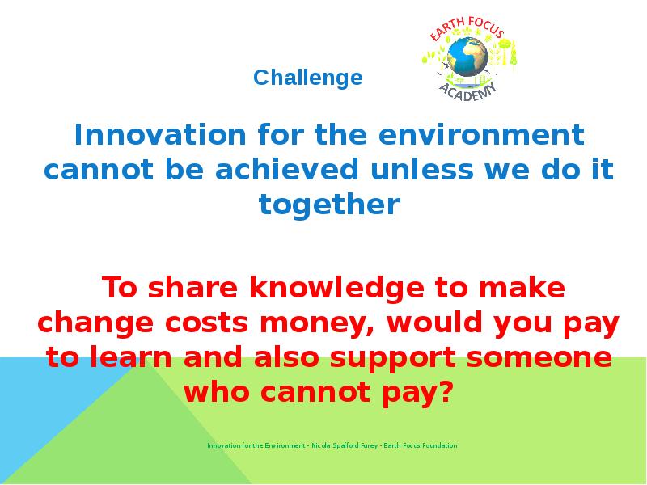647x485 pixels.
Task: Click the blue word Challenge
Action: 308,78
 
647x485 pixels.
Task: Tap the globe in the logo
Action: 467,57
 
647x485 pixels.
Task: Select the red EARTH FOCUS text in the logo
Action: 467,28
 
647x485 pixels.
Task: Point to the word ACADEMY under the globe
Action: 467,91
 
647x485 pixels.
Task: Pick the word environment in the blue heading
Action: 481,135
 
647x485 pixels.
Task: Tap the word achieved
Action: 287,169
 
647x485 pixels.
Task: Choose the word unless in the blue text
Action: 421,169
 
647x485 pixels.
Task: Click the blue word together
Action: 329,205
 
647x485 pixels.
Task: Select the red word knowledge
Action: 336,288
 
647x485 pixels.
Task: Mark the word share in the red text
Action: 192,288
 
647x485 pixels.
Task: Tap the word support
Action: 392,358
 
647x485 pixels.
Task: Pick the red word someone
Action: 539,357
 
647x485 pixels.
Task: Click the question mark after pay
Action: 446,391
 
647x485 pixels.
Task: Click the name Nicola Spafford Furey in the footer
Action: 345,445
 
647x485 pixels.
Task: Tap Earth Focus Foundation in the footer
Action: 421,445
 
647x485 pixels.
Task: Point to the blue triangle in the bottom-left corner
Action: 49,396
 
